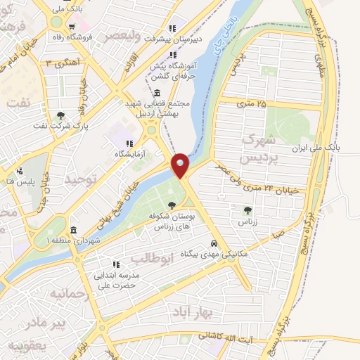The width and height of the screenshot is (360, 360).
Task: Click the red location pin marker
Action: (x=180, y=165)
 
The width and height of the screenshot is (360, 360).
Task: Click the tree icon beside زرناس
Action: (x=247, y=210)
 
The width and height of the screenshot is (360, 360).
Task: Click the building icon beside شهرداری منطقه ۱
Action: (x=74, y=231)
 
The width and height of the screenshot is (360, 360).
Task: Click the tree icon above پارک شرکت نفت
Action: (x=61, y=115)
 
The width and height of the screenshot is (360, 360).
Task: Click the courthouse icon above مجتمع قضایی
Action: (x=155, y=94)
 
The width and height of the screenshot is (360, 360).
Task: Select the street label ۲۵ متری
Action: (x=252, y=104)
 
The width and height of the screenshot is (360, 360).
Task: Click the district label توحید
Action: (x=79, y=179)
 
